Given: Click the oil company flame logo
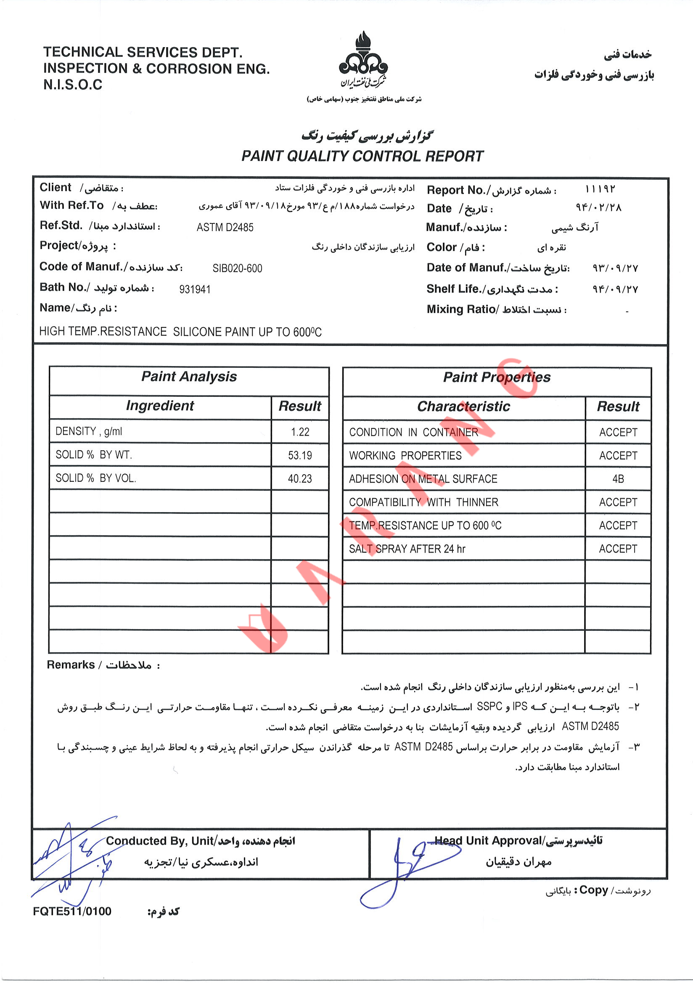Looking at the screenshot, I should click(363, 60).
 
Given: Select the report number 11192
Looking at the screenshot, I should click(600, 189).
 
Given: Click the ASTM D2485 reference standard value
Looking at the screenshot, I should click(225, 227).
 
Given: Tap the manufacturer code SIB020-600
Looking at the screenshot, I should click(238, 268).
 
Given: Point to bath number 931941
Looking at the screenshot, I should click(195, 290).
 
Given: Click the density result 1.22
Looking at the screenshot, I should click(300, 432).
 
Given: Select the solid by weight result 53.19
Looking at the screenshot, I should click(300, 455).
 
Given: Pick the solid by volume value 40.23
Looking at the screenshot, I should click(300, 478).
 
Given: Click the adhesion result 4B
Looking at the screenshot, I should click(618, 478).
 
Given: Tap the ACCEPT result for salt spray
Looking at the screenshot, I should click(618, 549).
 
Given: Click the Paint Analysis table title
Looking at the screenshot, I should click(189, 377).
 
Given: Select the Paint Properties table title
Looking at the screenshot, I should click(497, 377).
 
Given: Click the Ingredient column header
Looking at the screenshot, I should click(160, 406).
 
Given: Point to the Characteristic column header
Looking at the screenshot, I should click(464, 406).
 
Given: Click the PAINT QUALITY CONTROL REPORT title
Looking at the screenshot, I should click(362, 156).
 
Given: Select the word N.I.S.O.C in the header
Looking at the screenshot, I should click(73, 85).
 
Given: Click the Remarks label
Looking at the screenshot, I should click(71, 665).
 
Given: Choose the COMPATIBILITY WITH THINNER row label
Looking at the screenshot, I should click(423, 502).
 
